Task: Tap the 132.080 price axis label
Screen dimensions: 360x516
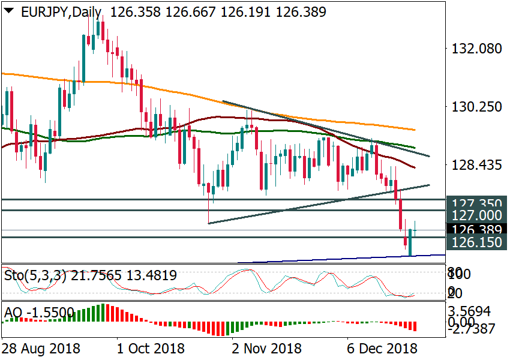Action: pyautogui.click(x=478, y=48)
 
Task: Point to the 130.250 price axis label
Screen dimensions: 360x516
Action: pyautogui.click(x=478, y=107)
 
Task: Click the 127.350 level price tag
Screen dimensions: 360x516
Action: pyautogui.click(x=477, y=203)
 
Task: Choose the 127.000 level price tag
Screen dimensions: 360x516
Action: pyautogui.click(x=477, y=215)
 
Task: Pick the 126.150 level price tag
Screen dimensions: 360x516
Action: pyautogui.click(x=477, y=243)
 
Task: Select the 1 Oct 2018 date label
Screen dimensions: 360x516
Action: pyautogui.click(x=150, y=348)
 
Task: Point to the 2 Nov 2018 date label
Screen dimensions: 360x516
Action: pyautogui.click(x=266, y=348)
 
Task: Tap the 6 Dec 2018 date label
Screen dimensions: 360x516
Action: pyautogui.click(x=383, y=348)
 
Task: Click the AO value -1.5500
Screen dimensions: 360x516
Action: pyautogui.click(x=51, y=312)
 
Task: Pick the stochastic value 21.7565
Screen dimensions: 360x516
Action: pyautogui.click(x=98, y=275)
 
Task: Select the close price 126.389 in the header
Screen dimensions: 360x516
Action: pyautogui.click(x=298, y=11)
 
